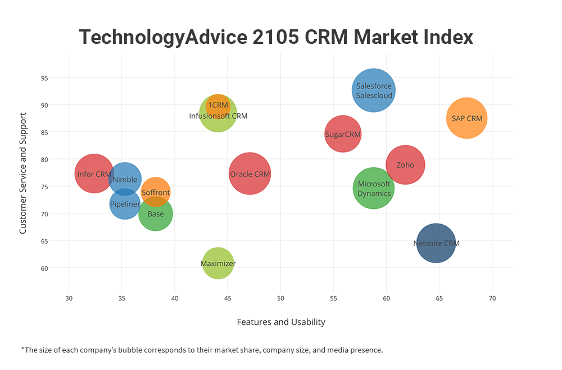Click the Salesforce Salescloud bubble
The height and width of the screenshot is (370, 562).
pos(374,91)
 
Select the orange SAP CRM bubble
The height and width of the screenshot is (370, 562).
pos(466,118)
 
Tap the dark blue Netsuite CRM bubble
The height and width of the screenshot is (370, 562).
pos(436,243)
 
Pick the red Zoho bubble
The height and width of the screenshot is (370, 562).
pos(405,165)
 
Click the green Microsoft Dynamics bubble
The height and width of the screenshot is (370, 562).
pos(374,188)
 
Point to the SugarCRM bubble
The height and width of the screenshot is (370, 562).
pos(343,134)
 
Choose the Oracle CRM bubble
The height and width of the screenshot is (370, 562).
pos(250,174)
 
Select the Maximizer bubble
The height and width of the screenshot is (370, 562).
pos(218,263)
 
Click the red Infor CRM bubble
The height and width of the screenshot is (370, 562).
pos(94,173)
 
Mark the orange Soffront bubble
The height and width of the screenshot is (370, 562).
pos(156,192)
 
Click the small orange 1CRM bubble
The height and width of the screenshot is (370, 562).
pos(218,105)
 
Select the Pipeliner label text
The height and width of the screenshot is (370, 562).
pos(125,204)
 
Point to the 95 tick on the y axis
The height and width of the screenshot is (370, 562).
pos(60,78)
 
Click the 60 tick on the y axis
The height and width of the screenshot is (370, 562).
pos(60,268)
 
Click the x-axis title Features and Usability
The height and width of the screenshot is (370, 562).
pos(281,322)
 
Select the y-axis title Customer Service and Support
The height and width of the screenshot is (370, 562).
pos(23,173)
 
